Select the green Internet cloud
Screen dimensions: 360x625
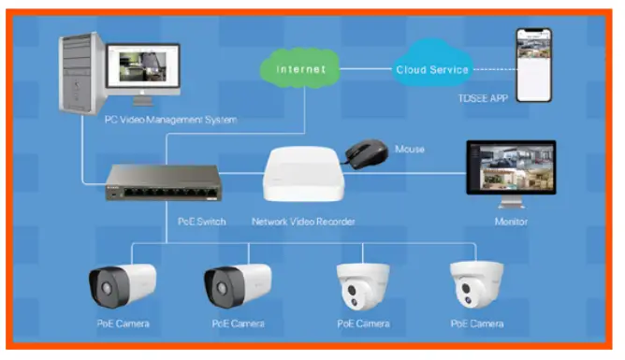tap(302, 69)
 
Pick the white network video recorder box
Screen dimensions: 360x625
tap(301, 176)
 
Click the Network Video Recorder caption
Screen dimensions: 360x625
tap(304, 222)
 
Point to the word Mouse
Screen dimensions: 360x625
tap(410, 149)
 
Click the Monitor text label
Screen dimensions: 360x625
tap(512, 222)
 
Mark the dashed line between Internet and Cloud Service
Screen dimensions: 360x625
tap(365, 69)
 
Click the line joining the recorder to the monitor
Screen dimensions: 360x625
tap(402, 174)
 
